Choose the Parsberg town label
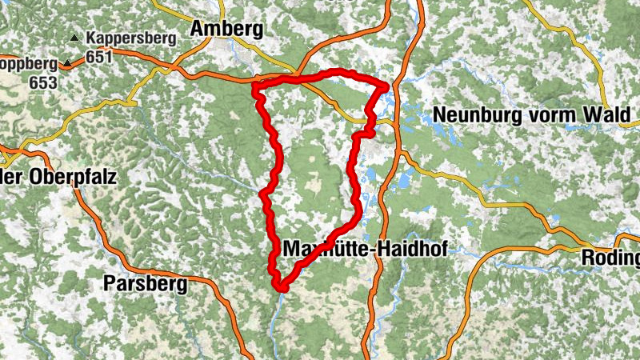click(x=145, y=283)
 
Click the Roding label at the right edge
click(x=613, y=258)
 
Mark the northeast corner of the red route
click(x=386, y=86)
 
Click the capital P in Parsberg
click(x=110, y=283)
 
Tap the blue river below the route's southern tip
click(x=275, y=316)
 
